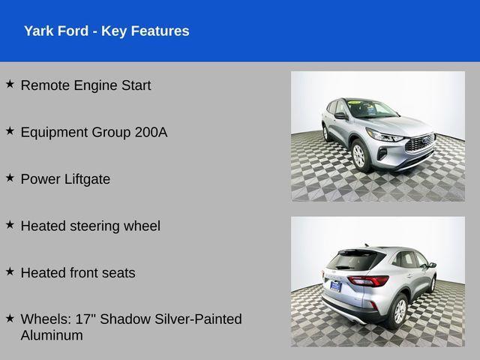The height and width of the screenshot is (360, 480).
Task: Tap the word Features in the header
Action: [160, 31]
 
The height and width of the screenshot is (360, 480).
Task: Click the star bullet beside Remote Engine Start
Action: [10, 84]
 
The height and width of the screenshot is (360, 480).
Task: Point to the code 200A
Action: [151, 132]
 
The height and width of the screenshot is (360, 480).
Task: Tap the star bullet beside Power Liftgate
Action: [10, 178]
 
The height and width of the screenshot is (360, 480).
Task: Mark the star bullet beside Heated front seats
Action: [10, 271]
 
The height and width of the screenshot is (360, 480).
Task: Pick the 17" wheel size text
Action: [85, 319]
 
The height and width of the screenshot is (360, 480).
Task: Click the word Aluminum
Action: [52, 335]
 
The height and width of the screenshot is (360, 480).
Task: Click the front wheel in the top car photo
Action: [358, 155]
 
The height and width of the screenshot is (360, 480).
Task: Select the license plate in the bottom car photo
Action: [335, 285]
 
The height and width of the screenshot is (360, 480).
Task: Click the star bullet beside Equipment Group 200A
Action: [10, 130]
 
